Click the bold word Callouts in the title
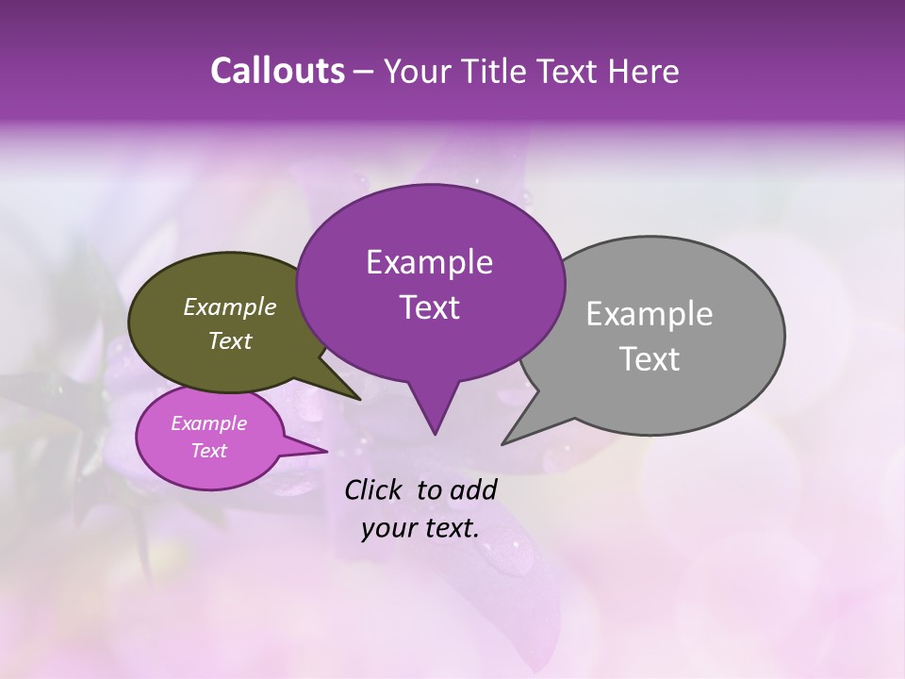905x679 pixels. [277, 72]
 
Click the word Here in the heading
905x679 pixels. [645, 72]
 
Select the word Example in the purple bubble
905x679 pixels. [429, 262]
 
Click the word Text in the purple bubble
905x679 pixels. [429, 307]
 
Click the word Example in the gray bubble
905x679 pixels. [650, 314]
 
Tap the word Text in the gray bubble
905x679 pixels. [650, 359]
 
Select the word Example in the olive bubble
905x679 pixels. [230, 306]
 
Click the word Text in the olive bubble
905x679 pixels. [230, 340]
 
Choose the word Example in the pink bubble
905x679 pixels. [208, 423]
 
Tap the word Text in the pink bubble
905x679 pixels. [208, 451]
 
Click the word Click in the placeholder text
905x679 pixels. [374, 489]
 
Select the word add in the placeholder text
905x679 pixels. [473, 489]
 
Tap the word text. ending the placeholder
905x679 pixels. [449, 528]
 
